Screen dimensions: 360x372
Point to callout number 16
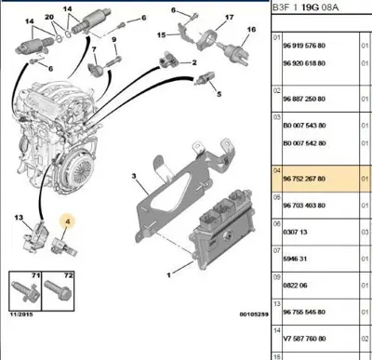(248, 30)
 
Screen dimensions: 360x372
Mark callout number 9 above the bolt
(113, 41)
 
